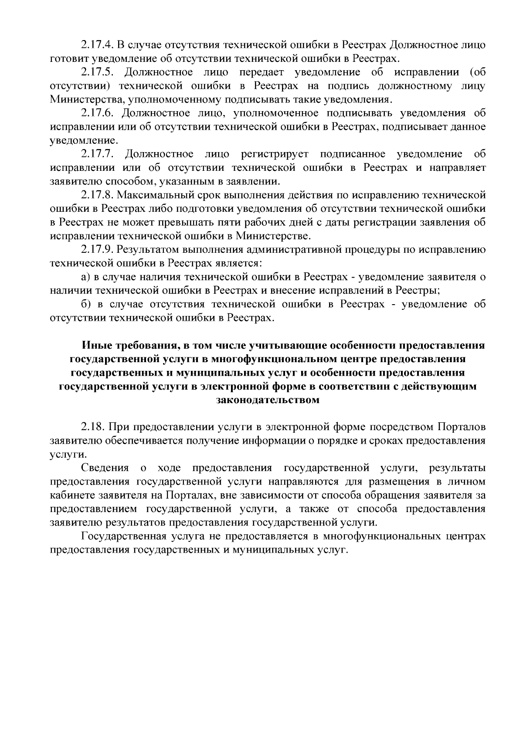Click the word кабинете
pos(71,496)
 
